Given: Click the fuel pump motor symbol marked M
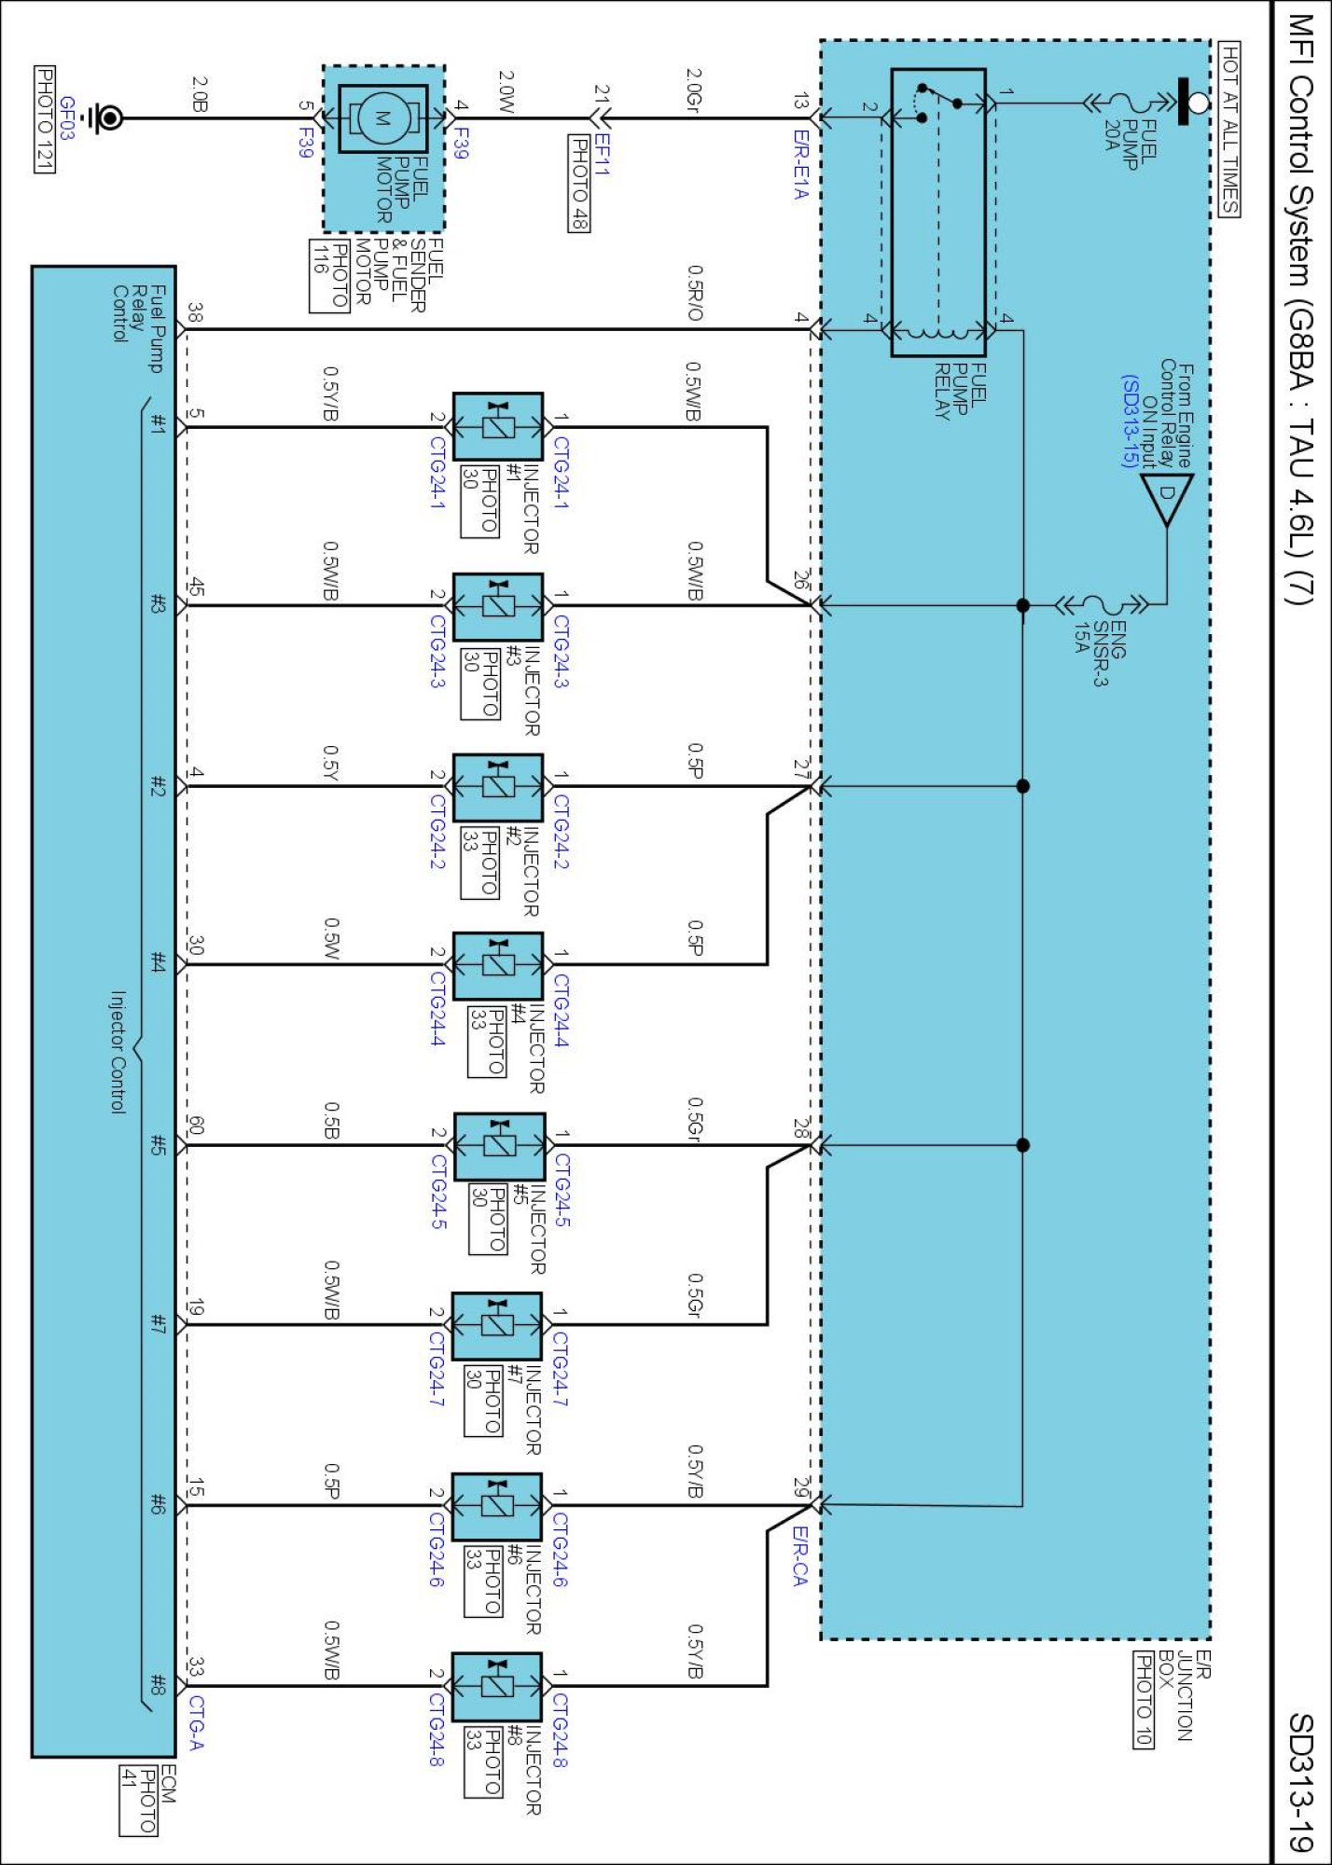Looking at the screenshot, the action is click(x=383, y=118).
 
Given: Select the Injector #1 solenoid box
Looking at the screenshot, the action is click(x=498, y=427).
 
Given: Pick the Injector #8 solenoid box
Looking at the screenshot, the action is click(x=496, y=1687).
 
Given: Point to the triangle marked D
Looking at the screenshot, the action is click(x=1167, y=500).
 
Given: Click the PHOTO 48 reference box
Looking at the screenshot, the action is click(x=579, y=183).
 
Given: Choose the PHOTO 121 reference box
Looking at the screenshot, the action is click(x=44, y=119).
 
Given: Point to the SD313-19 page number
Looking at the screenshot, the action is click(x=1301, y=1782).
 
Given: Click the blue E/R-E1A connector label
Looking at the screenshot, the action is click(x=800, y=164).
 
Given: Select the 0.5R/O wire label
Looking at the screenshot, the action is click(x=695, y=293).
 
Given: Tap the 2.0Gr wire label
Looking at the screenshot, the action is click(x=695, y=88).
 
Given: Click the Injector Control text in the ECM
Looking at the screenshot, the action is click(x=118, y=1052).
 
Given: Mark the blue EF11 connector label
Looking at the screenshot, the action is click(x=603, y=155).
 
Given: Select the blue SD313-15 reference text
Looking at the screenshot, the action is click(x=1130, y=421).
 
